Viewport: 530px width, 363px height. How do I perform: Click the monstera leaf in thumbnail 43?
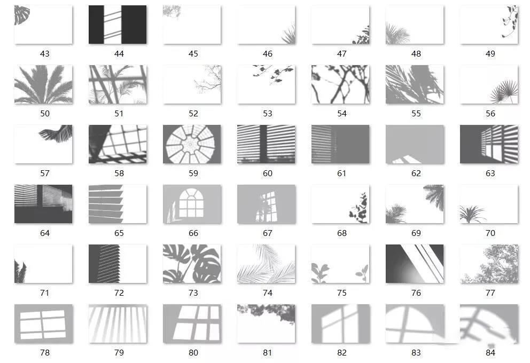coord(21,15)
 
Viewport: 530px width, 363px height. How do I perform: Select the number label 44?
coord(119,54)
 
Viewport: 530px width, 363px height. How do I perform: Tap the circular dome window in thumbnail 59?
coord(192,144)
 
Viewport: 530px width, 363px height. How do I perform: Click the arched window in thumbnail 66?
coord(191,203)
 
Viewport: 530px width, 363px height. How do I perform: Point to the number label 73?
coord(193,293)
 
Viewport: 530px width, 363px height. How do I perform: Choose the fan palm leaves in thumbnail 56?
coord(504,91)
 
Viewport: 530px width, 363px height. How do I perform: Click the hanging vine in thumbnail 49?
coord(510,21)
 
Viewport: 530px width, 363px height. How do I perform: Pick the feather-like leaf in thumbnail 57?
coord(56,133)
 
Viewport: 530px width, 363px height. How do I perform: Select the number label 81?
coord(268,352)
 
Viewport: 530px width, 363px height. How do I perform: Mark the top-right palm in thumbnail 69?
coord(434,196)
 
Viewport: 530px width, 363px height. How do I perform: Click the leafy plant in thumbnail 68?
coord(359,208)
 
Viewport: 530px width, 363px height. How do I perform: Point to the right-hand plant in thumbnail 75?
coord(362,273)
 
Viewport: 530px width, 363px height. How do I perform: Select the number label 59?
coord(193,173)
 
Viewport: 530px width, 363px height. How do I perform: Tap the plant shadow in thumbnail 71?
coord(20,272)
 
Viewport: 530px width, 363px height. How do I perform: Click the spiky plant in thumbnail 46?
coord(289,35)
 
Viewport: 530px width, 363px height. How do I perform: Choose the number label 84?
coord(490,352)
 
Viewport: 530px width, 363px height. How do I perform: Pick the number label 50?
coord(45,114)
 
